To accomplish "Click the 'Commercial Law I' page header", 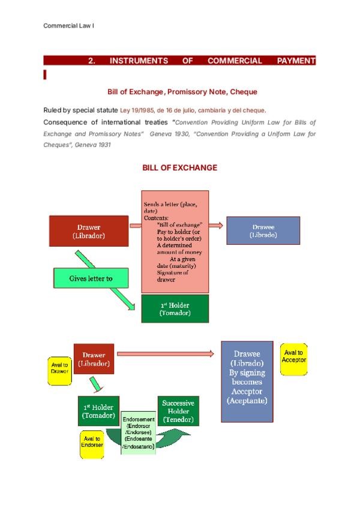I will point(69,25).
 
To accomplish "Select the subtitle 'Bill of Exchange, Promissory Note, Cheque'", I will point(182,92).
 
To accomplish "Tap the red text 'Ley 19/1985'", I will point(136,110).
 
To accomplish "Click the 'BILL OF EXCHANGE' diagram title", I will point(179,167).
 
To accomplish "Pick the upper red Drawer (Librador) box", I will point(89,231).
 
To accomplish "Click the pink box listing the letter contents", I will point(175,241).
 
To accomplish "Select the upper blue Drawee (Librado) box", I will point(263,230).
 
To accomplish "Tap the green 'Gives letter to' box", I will point(91,279).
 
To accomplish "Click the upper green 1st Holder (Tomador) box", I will point(175,309).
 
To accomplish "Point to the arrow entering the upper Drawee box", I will point(217,225).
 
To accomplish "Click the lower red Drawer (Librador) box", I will point(94,358).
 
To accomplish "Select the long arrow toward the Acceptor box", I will point(165,354).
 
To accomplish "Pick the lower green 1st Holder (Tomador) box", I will point(98,411).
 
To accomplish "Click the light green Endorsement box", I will point(139,433).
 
